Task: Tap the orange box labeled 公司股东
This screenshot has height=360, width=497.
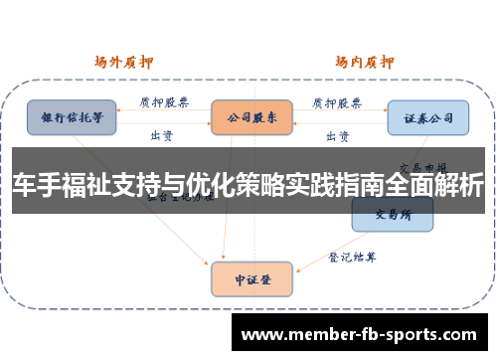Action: click(250, 116)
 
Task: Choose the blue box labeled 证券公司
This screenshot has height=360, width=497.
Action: click(428, 117)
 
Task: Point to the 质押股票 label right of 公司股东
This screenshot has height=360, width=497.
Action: click(337, 102)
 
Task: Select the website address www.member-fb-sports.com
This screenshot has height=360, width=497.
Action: click(359, 332)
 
